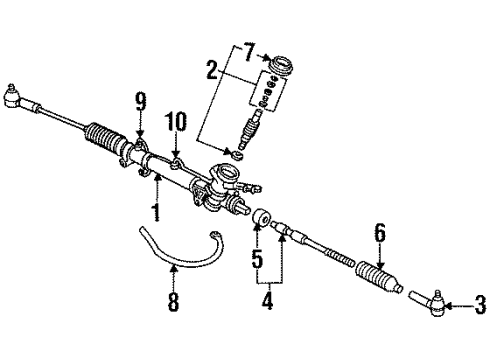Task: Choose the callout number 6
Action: click(379, 231)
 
